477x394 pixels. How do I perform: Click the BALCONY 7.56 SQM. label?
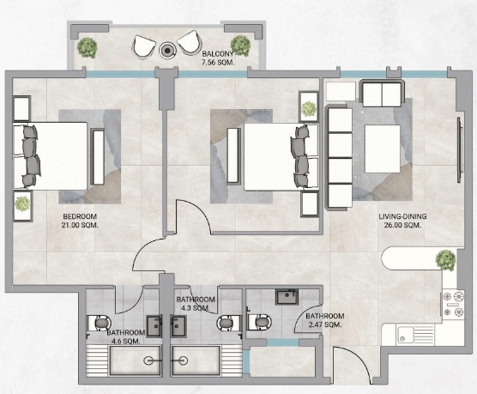point(218,58)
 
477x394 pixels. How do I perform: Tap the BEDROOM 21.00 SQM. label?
point(80,221)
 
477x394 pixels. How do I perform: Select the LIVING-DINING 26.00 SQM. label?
point(402,221)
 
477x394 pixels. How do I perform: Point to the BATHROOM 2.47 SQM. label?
point(325,320)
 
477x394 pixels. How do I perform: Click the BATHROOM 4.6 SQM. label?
point(125,336)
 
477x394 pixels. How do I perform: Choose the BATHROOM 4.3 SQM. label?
point(196,304)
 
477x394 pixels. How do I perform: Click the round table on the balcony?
point(167,49)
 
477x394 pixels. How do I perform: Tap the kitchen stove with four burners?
point(454,304)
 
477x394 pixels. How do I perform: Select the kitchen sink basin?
point(405,336)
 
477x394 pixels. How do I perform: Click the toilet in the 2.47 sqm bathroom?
point(259,322)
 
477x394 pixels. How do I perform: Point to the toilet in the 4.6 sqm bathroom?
point(100,323)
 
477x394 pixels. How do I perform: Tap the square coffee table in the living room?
point(383,149)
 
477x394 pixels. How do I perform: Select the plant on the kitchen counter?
point(445,260)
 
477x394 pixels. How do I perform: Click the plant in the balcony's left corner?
point(88,47)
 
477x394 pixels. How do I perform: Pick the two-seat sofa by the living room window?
point(382,93)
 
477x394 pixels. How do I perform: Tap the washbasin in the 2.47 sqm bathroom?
point(287,297)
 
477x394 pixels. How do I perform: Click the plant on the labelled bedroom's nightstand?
point(22,203)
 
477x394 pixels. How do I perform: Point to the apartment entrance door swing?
point(353,366)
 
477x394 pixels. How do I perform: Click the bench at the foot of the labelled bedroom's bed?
point(98,157)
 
